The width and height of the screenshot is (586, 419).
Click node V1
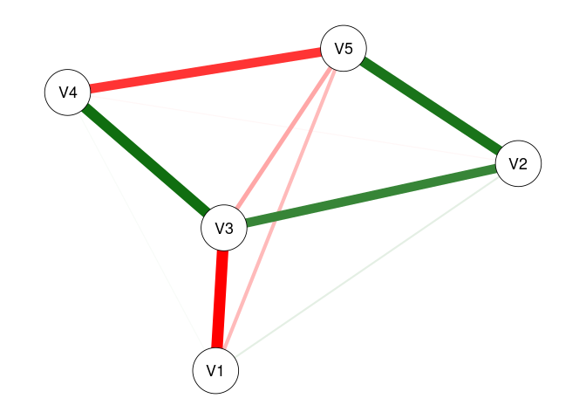tap(215, 370)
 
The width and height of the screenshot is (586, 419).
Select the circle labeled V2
tap(518, 163)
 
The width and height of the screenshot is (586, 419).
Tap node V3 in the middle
tap(224, 229)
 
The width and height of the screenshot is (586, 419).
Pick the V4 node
tap(68, 92)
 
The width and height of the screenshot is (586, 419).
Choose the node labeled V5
tap(344, 49)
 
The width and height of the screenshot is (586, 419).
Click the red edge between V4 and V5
tap(206, 70)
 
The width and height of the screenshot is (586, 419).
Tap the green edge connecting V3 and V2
tap(371, 196)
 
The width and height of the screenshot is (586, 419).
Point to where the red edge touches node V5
tap(322, 53)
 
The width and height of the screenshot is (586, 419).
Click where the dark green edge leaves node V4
tap(84, 107)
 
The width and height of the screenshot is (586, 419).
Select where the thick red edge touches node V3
tap(222, 251)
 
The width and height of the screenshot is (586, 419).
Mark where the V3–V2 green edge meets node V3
tap(246, 224)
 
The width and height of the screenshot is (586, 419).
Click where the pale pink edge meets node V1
tap(225, 349)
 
